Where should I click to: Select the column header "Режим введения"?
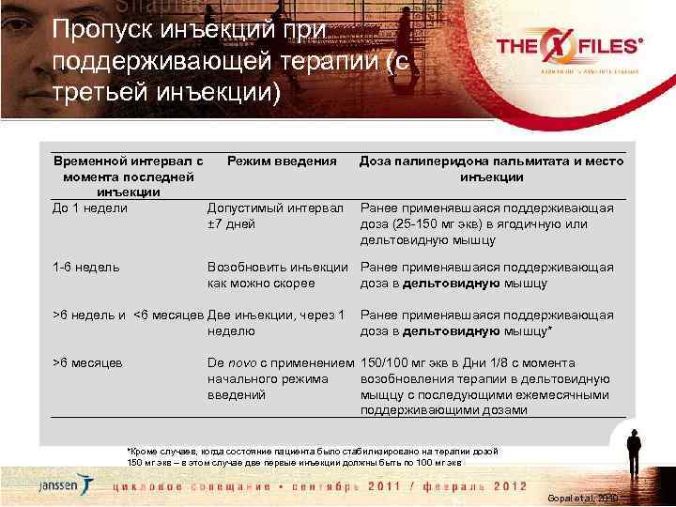(282, 161)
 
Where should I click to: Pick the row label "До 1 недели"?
(90, 207)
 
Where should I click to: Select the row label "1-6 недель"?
(86, 268)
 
